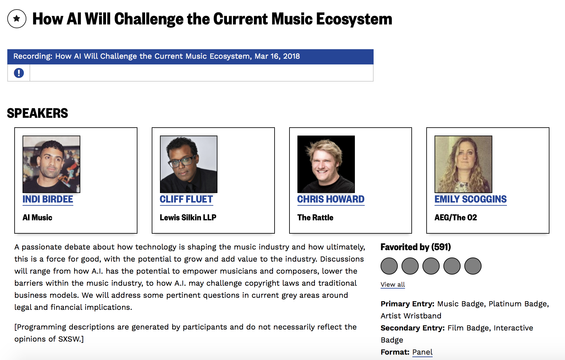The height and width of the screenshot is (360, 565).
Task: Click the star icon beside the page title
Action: [17, 19]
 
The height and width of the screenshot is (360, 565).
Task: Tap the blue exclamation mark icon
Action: [19, 73]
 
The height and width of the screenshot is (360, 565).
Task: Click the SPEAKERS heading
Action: [37, 113]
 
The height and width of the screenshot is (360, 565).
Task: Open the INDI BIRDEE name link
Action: [48, 199]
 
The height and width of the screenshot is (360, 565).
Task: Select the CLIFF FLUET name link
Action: [186, 199]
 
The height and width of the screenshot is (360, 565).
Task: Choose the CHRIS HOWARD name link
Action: [331, 199]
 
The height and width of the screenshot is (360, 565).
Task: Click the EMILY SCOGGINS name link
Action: [471, 199]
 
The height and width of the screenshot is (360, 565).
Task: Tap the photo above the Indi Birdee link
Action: [51, 164]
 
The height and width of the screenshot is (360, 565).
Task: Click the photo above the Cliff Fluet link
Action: [189, 164]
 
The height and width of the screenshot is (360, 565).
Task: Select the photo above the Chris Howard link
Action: [326, 164]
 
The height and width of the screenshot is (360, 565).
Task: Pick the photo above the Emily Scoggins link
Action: [463, 164]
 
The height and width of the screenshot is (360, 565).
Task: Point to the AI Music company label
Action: [37, 217]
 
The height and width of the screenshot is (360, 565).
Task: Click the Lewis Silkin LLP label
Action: [188, 217]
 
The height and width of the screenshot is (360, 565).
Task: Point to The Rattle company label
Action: [315, 217]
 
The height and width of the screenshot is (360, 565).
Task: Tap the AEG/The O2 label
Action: [456, 217]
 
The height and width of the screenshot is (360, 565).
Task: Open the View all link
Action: [393, 284]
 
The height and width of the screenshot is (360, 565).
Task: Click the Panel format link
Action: [422, 352]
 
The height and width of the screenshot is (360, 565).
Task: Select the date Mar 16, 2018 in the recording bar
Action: [277, 56]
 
